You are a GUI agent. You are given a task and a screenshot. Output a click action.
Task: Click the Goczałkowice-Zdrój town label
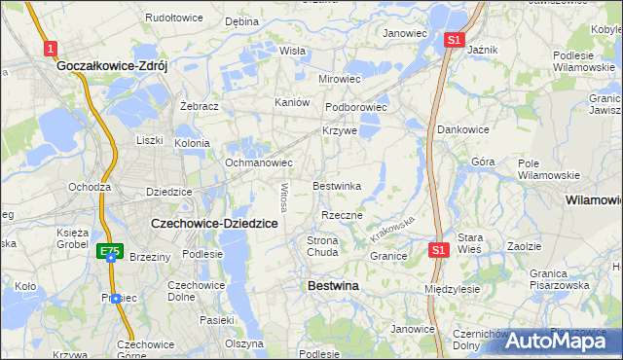tap(113, 66)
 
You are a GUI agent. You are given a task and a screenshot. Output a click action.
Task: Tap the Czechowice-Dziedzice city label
tap(214, 223)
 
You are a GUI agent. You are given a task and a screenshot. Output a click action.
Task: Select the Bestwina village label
tap(333, 286)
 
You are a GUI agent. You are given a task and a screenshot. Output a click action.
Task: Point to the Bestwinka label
tap(337, 186)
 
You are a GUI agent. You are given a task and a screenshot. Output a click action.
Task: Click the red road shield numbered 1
tap(51, 48)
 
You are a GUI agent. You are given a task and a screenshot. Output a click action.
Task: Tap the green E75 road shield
tap(111, 251)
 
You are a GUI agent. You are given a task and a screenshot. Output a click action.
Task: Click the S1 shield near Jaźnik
tap(453, 40)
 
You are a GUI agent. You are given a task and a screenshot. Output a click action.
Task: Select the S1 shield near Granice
tap(438, 250)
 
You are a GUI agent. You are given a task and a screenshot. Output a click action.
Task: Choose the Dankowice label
tap(462, 128)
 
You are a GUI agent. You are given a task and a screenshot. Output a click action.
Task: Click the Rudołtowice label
tap(172, 18)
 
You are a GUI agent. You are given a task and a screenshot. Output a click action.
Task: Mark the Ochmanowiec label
tap(259, 162)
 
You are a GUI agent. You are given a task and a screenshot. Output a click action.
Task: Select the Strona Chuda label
tap(322, 246)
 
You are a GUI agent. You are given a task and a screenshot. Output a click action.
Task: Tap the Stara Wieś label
tap(470, 242)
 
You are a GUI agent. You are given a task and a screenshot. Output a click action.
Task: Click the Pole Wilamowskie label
tap(548, 168)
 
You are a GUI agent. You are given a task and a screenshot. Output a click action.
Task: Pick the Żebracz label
tap(199, 105)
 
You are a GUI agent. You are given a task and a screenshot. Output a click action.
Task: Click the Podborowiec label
tap(356, 107)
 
